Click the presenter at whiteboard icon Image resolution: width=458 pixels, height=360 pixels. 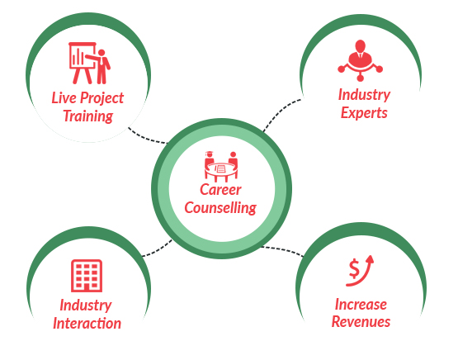[89, 63]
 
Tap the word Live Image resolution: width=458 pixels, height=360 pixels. [64, 98]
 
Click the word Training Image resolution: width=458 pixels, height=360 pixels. [88, 116]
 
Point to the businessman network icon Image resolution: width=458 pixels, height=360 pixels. [360, 60]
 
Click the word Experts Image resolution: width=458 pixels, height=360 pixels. [364, 113]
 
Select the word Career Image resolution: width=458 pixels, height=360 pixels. [220, 190]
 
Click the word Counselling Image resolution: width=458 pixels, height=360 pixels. [220, 208]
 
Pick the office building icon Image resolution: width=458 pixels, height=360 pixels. [87, 276]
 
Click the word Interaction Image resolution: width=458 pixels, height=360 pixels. [87, 324]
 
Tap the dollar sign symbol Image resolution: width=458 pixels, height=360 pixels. [354, 269]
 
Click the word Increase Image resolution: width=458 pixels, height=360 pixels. [361, 305]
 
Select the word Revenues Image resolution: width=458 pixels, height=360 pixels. [361, 322]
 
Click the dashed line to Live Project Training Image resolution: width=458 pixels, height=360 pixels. [147, 139]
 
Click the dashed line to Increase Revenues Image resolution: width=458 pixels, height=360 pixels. [282, 249]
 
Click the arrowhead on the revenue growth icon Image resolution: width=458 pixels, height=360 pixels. [370, 260]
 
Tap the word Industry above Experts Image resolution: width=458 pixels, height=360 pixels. [364, 95]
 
